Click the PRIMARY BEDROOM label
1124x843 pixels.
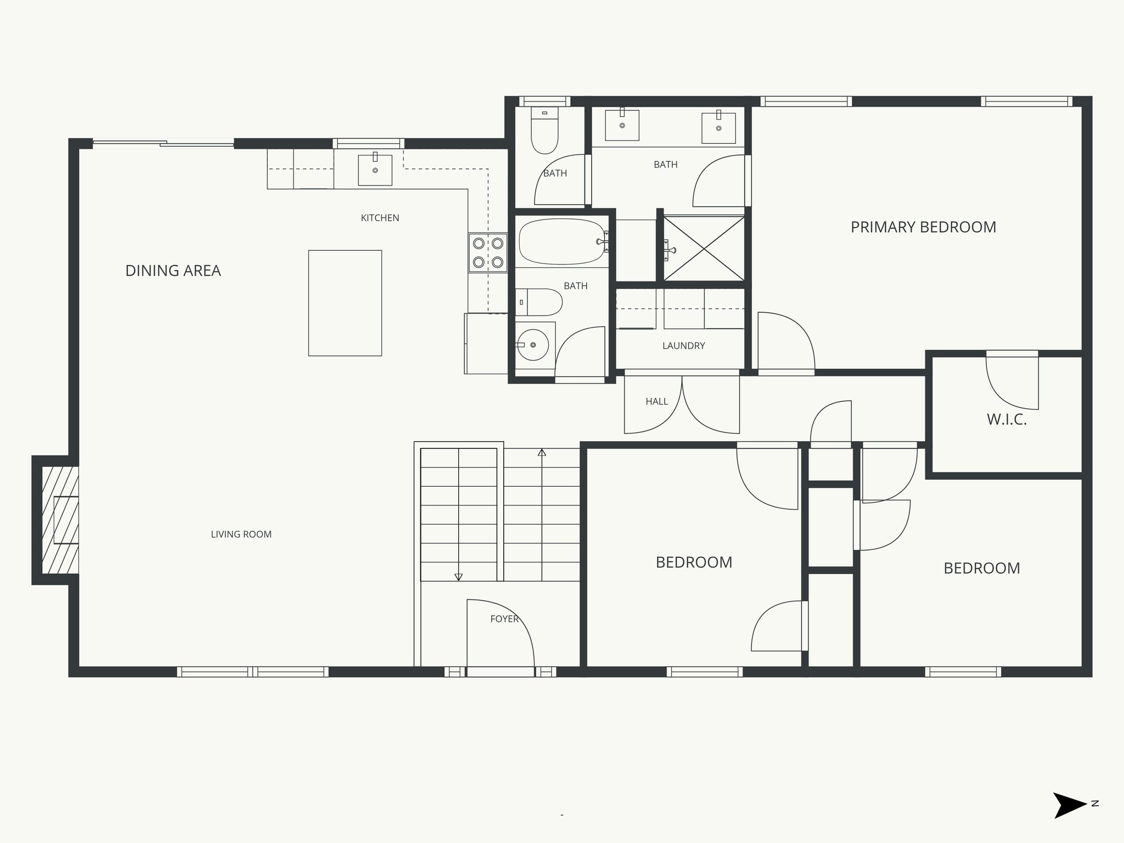[923, 227]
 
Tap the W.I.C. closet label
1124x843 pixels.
[1007, 420]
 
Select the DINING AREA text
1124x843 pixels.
[173, 271]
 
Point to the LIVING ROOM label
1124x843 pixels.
[241, 534]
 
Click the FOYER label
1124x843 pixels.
[504, 619]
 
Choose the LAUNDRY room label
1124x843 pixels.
[683, 346]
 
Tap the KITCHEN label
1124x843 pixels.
[380, 218]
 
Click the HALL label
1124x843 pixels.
[656, 402]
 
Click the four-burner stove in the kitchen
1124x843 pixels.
[488, 252]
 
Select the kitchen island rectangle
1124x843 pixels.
[345, 303]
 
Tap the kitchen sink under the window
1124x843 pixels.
[375, 170]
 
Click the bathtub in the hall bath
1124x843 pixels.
[561, 241]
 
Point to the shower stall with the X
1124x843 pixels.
[704, 249]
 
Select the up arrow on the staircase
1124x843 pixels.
[542, 453]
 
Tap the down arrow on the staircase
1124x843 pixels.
[458, 577]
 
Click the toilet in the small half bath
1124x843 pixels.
[544, 132]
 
